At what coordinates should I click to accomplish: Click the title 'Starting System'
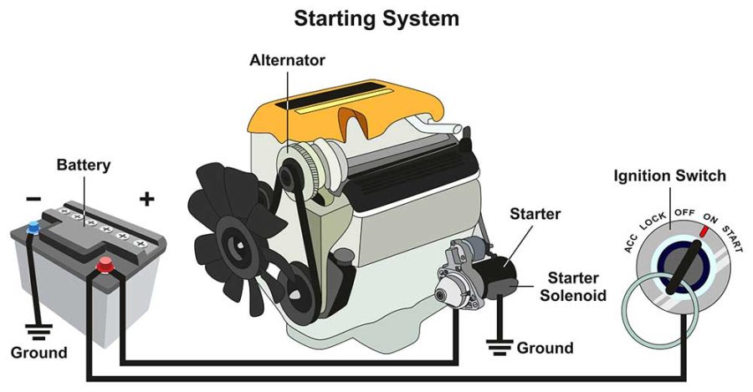coord(376,18)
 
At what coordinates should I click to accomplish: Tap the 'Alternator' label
coord(287,60)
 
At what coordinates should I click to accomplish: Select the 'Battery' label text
coord(83,165)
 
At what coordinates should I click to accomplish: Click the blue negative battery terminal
coord(33,226)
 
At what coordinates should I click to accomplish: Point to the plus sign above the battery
coord(147,198)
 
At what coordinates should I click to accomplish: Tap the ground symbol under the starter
coord(500,342)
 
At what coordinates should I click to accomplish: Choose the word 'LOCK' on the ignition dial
coord(653,221)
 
